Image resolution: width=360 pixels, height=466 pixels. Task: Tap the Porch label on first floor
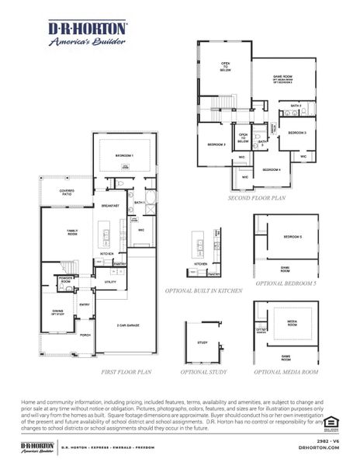[x=85, y=336]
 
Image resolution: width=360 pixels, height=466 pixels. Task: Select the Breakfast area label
[x=109, y=206]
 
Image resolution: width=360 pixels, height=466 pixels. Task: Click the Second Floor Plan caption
[x=257, y=198]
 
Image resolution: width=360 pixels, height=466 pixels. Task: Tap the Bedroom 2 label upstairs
[x=216, y=144]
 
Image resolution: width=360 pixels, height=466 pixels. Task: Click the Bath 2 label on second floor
[x=296, y=105]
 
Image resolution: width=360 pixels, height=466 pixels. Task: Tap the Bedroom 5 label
[x=292, y=236]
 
